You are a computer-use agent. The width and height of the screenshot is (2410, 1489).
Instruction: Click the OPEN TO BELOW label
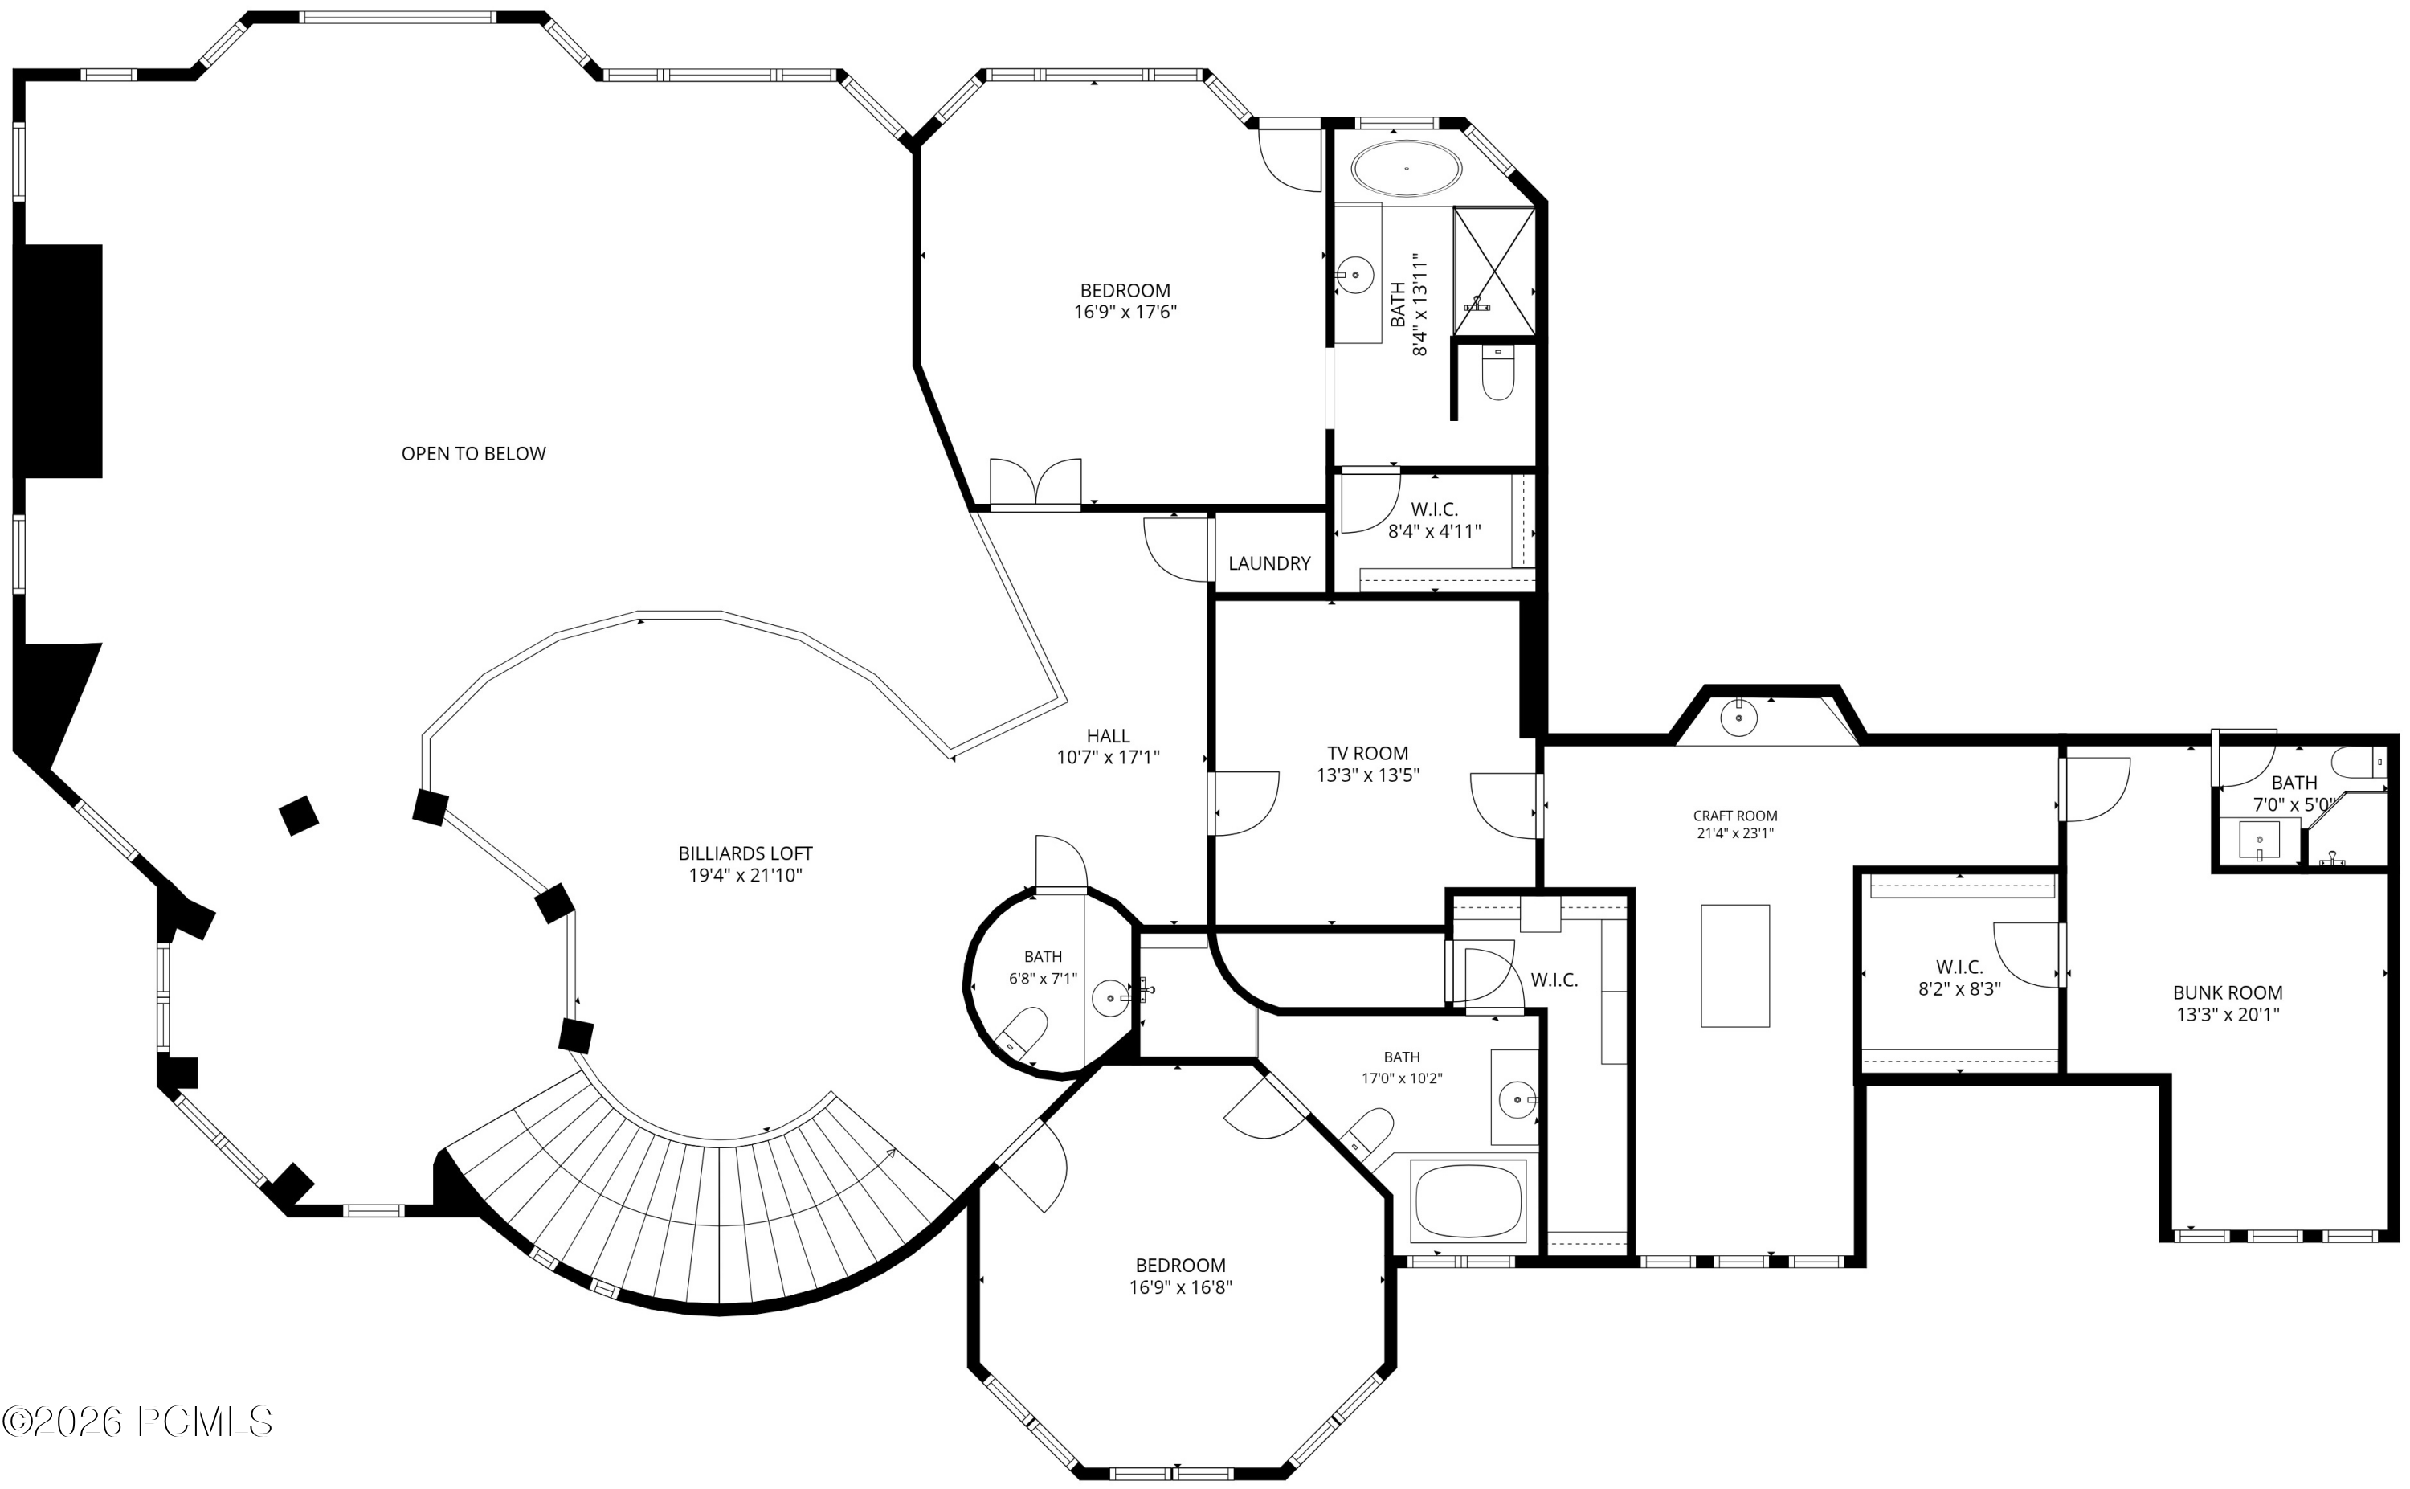(x=473, y=454)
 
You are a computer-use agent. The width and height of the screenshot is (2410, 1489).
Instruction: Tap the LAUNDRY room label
(x=1269, y=563)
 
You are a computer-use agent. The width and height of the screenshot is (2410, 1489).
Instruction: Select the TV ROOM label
(x=1367, y=754)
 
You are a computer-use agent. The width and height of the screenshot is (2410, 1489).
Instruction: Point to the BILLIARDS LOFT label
(x=745, y=854)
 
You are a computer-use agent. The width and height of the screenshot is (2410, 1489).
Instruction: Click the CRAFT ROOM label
(x=1734, y=816)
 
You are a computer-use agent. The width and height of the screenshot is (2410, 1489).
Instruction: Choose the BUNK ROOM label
(x=2228, y=992)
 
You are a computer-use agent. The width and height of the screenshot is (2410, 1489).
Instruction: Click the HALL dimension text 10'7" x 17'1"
(x=1109, y=757)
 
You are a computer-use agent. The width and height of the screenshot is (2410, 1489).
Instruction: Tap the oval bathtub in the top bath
(x=1406, y=170)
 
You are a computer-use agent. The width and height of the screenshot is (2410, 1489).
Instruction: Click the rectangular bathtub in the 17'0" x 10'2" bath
(x=1468, y=1201)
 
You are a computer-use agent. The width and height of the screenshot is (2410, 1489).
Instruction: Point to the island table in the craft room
(x=1734, y=966)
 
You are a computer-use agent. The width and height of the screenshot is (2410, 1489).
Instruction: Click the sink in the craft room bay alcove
(x=1738, y=717)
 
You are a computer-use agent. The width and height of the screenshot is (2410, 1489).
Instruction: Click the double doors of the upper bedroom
(x=1035, y=483)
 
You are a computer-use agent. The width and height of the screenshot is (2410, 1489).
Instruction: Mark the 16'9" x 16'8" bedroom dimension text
(x=1180, y=1287)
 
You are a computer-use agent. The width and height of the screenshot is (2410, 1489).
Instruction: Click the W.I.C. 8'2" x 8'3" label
(x=1959, y=978)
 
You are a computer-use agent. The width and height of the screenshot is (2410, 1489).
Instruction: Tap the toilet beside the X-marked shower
(x=1497, y=374)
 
